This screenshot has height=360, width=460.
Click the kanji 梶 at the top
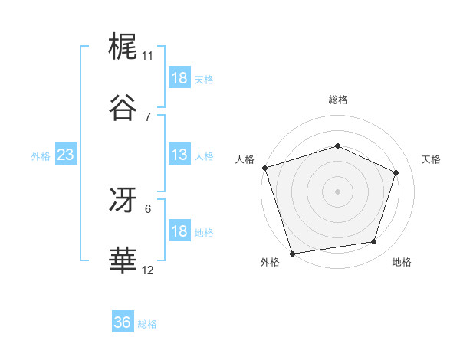pyautogui.click(x=124, y=47)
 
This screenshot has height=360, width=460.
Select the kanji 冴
pyautogui.click(x=124, y=200)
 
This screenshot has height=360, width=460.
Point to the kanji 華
pyautogui.click(x=124, y=260)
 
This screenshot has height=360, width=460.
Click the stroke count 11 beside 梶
pyautogui.click(x=148, y=56)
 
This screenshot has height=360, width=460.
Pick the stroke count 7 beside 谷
pyautogui.click(x=148, y=116)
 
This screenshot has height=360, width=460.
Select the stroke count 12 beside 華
pyautogui.click(x=148, y=270)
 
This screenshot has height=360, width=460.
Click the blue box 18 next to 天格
pyautogui.click(x=179, y=78)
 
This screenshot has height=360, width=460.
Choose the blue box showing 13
pyautogui.click(x=179, y=155)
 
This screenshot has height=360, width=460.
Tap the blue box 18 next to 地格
pyautogui.click(x=179, y=231)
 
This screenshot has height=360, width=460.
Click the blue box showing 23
pyautogui.click(x=65, y=155)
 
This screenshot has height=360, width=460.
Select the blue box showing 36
pyautogui.click(x=122, y=322)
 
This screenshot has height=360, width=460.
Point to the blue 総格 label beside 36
pyautogui.click(x=147, y=324)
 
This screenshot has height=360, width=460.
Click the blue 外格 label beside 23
pyautogui.click(x=41, y=156)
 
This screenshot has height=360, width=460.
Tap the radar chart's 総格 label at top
pyautogui.click(x=338, y=100)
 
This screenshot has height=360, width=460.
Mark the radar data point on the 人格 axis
pyautogui.click(x=264, y=168)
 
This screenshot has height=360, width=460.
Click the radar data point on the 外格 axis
pyautogui.click(x=292, y=253)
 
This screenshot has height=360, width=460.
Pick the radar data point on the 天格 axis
pyautogui.click(x=396, y=172)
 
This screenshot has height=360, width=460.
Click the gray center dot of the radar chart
pyautogui.click(x=338, y=191)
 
